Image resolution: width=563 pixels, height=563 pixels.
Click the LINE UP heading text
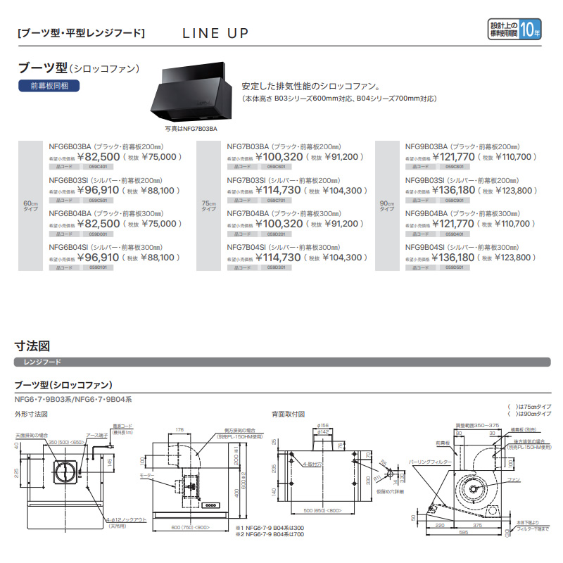215,33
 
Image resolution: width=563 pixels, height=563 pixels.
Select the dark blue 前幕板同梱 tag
49,86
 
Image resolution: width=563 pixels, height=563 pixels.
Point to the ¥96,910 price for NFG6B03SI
98,190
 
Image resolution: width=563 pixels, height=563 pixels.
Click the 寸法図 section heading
32,346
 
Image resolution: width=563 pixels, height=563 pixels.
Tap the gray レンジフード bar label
42,362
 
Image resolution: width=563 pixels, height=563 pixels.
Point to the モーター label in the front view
166,476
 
